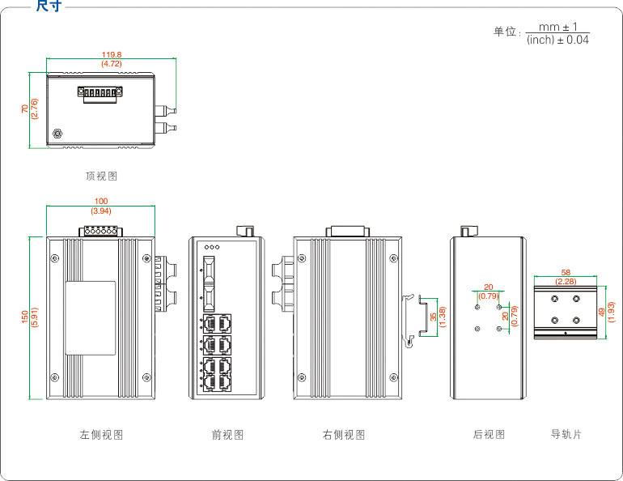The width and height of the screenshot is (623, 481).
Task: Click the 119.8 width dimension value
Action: (x=112, y=54)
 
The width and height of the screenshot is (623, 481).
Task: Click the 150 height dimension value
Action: (x=25, y=317)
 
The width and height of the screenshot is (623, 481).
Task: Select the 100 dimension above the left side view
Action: (x=101, y=201)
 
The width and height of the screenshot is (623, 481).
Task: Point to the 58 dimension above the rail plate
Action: (x=566, y=273)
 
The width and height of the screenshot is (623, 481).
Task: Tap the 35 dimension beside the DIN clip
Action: (x=433, y=317)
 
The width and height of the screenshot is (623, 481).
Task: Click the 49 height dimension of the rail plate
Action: (x=602, y=312)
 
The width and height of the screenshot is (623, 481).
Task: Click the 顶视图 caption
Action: (x=102, y=176)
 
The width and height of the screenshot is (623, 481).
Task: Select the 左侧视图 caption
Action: (x=101, y=435)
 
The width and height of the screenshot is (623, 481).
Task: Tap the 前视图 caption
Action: (x=227, y=435)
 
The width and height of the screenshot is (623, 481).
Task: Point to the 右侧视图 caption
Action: (x=344, y=435)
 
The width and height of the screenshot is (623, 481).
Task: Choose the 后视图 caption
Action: (x=489, y=434)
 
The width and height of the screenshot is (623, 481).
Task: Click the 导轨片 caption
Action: (x=566, y=434)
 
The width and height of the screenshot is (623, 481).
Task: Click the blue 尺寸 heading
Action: (x=49, y=6)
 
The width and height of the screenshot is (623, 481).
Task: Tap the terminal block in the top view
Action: (x=100, y=94)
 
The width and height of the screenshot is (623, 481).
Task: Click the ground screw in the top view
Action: (x=57, y=134)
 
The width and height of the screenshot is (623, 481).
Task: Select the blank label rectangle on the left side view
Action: (x=91, y=318)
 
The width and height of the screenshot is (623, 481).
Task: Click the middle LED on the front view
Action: (x=212, y=247)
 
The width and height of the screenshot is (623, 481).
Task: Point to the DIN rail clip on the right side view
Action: (x=409, y=321)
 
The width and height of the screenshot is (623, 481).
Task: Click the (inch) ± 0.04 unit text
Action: (x=557, y=40)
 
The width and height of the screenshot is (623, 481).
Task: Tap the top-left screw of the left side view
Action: (x=55, y=259)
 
